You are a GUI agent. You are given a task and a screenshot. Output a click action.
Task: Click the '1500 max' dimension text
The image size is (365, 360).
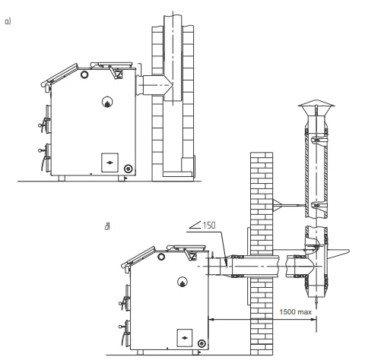[295, 311]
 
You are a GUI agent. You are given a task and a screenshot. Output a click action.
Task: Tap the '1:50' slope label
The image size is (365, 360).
[209, 225]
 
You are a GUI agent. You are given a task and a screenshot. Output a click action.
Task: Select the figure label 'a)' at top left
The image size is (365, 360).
[8, 21]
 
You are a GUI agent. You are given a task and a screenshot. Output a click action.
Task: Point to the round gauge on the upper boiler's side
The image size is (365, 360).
[107, 102]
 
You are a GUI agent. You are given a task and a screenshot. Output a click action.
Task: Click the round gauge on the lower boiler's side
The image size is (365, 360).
[182, 282]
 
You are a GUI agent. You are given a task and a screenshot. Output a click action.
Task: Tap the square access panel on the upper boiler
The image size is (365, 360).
[109, 163]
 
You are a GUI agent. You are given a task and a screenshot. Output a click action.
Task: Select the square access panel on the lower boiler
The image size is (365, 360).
[185, 338]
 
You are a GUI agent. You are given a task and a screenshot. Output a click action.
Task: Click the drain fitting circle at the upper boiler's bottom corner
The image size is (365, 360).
[129, 169]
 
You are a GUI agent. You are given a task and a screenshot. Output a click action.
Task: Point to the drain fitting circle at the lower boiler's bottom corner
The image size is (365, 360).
[202, 343]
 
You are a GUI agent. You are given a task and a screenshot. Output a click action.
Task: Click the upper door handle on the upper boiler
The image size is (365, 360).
[44, 123]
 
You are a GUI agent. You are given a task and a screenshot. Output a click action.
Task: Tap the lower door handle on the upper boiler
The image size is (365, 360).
[44, 156]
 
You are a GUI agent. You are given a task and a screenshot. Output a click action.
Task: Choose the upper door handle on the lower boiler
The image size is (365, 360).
[124, 302]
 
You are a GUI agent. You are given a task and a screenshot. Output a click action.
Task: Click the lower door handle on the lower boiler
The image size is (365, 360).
[124, 332]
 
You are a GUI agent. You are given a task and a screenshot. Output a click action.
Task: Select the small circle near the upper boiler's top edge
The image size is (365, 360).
[84, 74]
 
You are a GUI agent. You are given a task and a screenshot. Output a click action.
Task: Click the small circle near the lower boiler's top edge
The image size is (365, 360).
[161, 257]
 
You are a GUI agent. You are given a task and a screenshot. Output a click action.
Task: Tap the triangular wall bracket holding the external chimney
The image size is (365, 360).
[277, 205]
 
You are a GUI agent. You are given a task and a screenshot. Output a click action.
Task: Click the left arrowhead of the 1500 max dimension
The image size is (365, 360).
[211, 320]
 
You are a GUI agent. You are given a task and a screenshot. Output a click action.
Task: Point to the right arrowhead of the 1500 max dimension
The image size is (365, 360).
[313, 320]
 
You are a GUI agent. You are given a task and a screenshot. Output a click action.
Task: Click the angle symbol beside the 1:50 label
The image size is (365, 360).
[195, 225]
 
